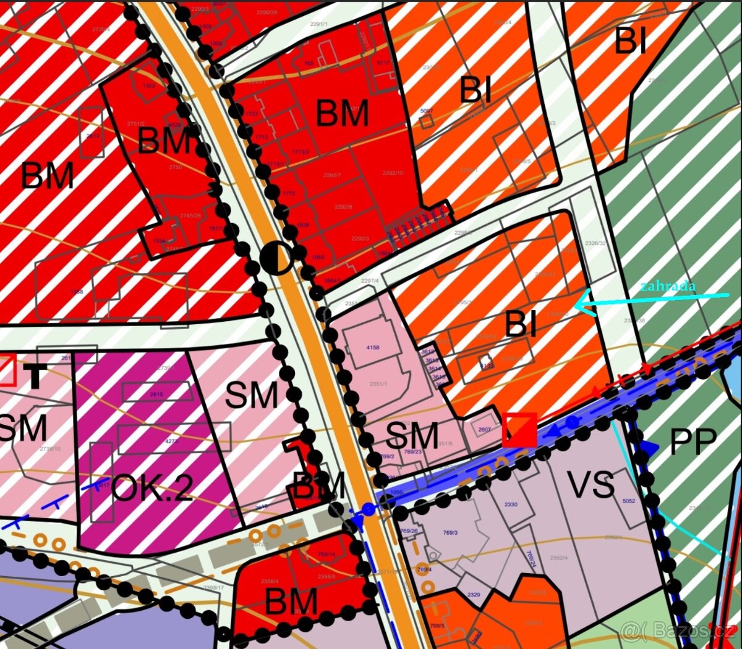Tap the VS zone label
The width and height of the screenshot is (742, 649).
tap(592, 485)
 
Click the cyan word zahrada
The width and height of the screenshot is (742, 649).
tap(668, 286)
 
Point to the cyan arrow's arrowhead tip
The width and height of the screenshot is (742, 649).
tap(576, 304)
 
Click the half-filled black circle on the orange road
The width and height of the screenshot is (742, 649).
tap(276, 259)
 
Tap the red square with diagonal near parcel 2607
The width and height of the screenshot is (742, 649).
tap(519, 430)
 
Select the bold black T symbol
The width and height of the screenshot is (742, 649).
tap(36, 374)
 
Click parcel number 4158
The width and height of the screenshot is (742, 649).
tap(372, 348)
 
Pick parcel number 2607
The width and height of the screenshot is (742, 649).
tap(484, 430)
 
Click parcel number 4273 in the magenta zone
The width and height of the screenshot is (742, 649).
tap(171, 441)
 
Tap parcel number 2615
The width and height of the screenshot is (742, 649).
tap(156, 394)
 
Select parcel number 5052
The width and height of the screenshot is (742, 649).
tap(628, 501)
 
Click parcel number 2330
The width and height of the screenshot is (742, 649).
tap(510, 505)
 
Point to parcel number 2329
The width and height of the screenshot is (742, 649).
tap(473, 595)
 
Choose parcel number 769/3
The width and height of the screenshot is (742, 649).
tap(450, 532)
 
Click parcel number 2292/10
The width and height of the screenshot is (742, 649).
tap(393, 173)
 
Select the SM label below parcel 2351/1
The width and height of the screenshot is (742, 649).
tap(412, 436)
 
